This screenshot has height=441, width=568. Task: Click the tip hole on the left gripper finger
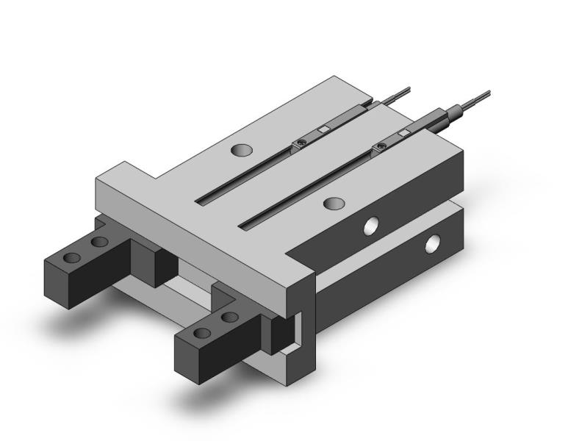(72, 258)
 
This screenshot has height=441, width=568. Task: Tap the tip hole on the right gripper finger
(203, 334)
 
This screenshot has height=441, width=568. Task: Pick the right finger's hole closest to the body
(229, 317)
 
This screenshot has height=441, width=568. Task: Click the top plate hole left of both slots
(241, 151)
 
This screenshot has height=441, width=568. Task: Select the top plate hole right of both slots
(334, 202)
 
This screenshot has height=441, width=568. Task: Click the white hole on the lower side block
(433, 243)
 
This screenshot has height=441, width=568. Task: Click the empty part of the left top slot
(242, 177)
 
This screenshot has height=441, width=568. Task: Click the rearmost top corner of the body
(337, 76)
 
